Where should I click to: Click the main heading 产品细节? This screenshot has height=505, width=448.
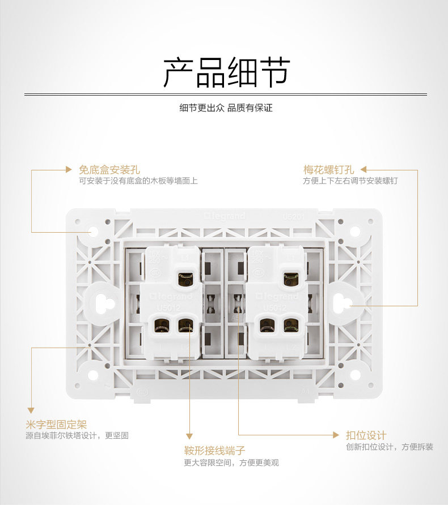226,72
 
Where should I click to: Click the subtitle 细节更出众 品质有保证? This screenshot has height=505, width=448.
226,108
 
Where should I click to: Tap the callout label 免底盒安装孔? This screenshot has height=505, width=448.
109,169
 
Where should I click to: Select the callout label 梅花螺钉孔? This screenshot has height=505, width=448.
328,169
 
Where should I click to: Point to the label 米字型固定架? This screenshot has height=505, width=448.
56,424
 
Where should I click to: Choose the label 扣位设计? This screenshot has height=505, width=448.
366,435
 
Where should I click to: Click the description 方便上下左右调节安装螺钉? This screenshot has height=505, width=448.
350,181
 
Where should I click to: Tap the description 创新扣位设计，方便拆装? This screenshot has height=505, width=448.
390,447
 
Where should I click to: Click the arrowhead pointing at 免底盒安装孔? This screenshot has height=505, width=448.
69,169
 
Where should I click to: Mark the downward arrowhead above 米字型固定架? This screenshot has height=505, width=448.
31,409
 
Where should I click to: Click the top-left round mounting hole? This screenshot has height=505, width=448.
93,232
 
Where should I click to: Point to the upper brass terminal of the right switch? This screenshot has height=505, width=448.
291,279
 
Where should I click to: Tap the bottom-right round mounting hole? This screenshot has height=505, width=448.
355,375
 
